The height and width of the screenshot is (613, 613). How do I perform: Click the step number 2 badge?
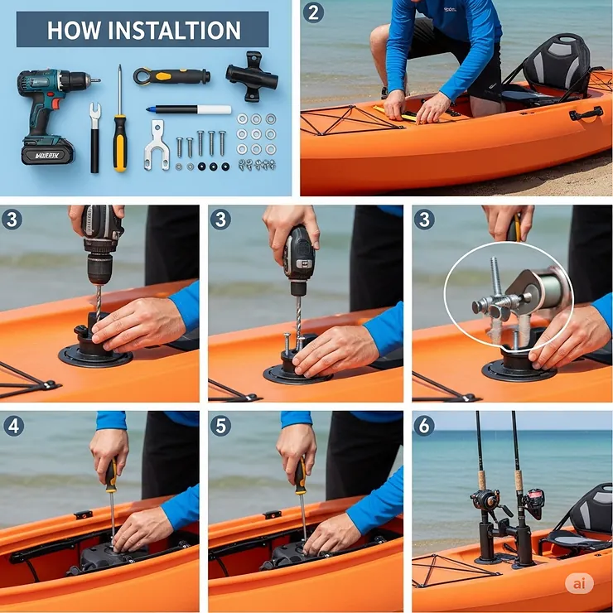pos(313,12)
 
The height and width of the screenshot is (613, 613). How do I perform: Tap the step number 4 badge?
pos(12,426)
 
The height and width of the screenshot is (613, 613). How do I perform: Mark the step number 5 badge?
pos(220,426)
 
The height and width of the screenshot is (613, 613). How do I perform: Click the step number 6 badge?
pos(424,426)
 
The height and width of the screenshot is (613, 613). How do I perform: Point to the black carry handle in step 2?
pos(586,113)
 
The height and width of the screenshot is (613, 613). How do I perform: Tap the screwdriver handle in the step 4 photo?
pos(110,475)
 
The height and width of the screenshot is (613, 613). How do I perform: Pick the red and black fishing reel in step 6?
pos(532,500)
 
